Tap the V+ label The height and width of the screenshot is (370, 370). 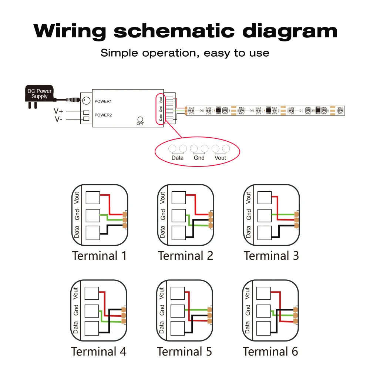point(58,111)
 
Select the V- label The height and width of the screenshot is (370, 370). point(58,119)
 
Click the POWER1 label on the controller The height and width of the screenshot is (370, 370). point(103,101)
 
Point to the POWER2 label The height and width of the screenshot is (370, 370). point(103,115)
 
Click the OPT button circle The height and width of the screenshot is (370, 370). point(140,119)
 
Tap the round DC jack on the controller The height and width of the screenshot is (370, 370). point(86,101)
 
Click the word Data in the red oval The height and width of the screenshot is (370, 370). point(178,158)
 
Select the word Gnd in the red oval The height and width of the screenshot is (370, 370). point(199,158)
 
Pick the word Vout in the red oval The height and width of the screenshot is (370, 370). point(220,158)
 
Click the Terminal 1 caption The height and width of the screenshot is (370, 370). point(99,256)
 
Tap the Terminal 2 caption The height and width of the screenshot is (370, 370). point(185,256)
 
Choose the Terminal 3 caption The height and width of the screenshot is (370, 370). point(271,256)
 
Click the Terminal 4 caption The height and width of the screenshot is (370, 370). point(99,351)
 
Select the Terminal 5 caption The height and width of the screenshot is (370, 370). point(185,351)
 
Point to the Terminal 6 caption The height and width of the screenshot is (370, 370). point(270,351)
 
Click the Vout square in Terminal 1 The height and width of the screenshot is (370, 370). point(93,198)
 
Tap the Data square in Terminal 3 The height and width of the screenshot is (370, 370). point(265,233)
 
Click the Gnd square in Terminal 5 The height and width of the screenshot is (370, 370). point(178,311)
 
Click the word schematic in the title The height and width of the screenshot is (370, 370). point(174,31)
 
